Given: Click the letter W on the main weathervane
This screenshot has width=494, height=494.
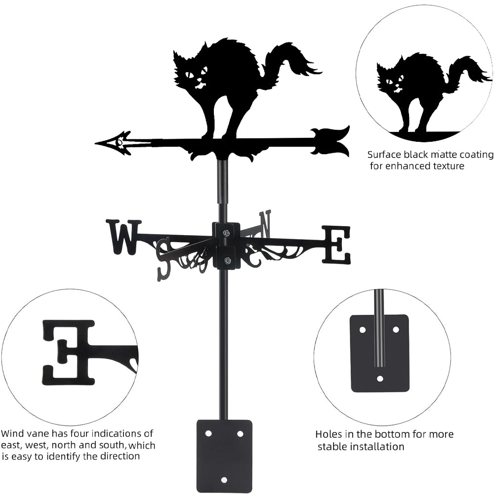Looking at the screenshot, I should click(x=123, y=237).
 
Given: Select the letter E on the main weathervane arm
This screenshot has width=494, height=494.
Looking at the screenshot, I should click(x=336, y=244).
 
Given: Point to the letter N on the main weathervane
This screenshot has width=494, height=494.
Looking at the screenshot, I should click(x=265, y=223).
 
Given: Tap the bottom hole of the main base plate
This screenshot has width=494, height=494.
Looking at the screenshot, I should click(x=224, y=480).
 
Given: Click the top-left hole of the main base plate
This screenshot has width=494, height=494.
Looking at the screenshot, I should click(x=208, y=433).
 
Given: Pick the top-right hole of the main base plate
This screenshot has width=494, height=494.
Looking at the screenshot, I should click(x=240, y=433).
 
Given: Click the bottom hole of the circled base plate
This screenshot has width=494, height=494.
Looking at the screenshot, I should click(x=379, y=379).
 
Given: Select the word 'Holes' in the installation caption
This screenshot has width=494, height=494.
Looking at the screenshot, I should click(x=328, y=434).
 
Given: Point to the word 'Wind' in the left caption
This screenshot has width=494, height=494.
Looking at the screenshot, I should click(x=12, y=434).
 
